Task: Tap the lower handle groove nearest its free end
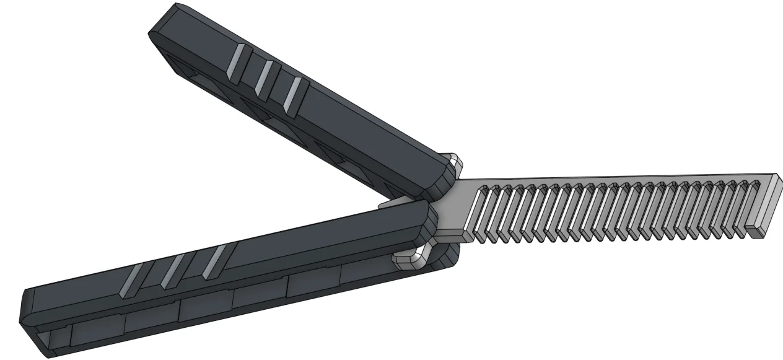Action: (x=132, y=279)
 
